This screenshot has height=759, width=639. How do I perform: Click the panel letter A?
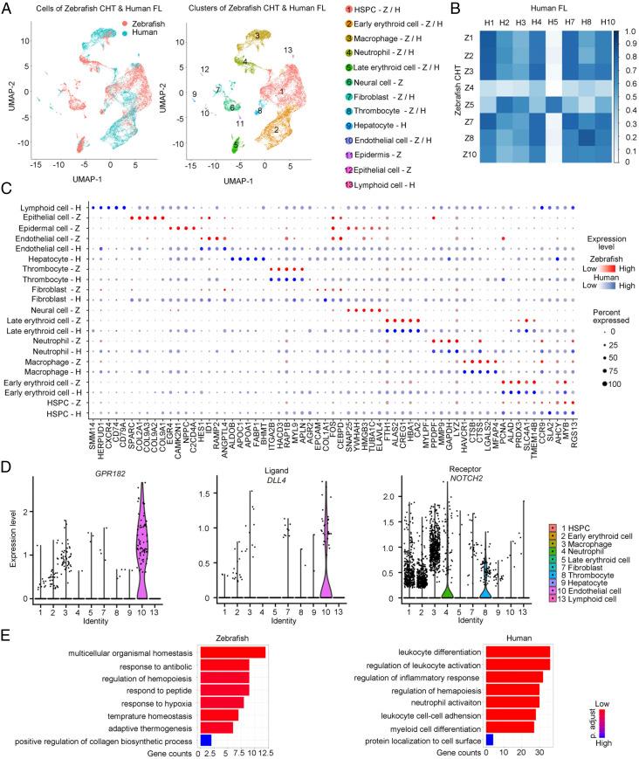[6, 7]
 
